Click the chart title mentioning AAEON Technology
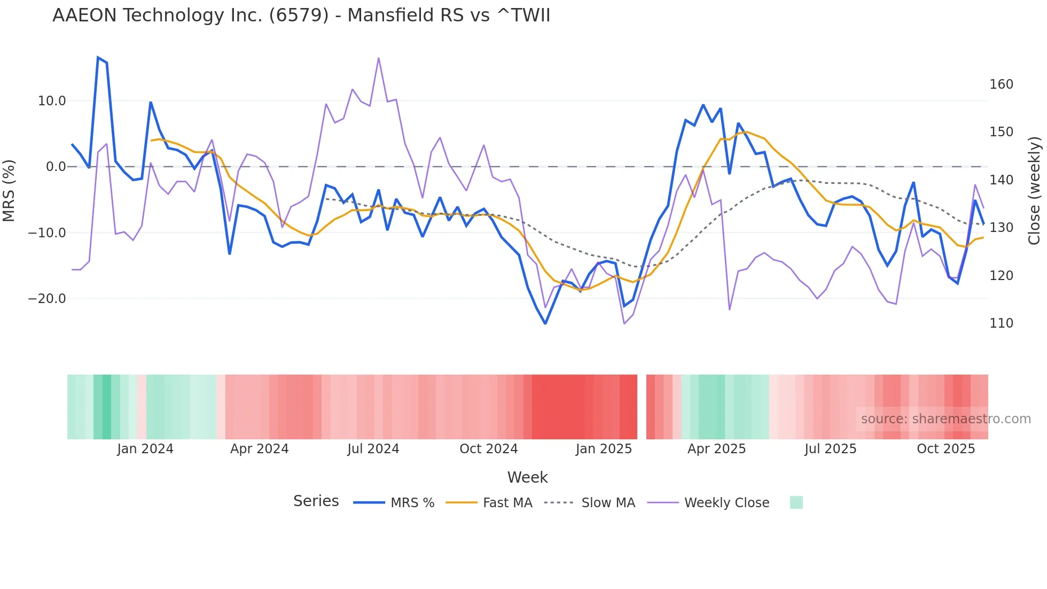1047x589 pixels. [x=301, y=15]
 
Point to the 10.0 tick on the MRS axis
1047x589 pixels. [x=52, y=101]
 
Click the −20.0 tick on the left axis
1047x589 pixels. [x=48, y=299]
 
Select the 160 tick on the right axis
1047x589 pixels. [x=1001, y=84]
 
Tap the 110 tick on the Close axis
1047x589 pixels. [x=1001, y=323]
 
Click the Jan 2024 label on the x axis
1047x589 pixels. [x=145, y=449]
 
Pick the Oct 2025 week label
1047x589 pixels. [x=946, y=449]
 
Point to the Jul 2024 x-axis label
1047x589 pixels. [x=373, y=449]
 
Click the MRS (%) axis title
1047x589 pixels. [x=9, y=190]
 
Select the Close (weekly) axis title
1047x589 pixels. [x=1034, y=191]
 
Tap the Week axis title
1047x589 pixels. [x=527, y=477]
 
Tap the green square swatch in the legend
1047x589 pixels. [x=796, y=502]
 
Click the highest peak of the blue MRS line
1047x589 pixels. [x=98, y=57]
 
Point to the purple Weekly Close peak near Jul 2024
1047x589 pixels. [x=379, y=58]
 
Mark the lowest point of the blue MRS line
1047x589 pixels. [x=545, y=323]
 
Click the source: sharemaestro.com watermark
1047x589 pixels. [x=946, y=419]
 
